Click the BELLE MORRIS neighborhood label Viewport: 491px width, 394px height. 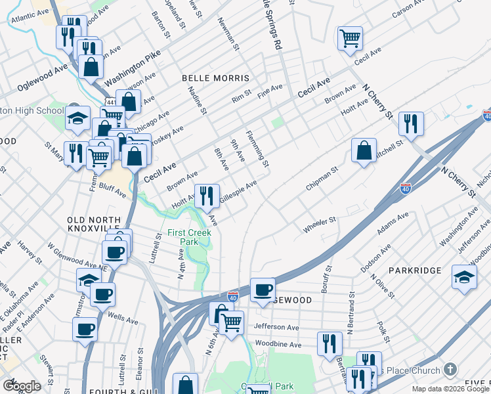tap(216, 77)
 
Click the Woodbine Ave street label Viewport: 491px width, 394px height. tap(278, 344)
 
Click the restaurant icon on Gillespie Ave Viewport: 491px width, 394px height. tap(207, 195)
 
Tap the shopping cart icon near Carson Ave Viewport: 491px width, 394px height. tap(350, 37)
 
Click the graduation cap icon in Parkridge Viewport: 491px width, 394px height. tap(464, 277)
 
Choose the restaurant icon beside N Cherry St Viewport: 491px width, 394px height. tap(411, 123)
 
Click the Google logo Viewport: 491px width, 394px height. tap(22, 386)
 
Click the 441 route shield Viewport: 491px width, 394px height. tap(111, 102)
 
